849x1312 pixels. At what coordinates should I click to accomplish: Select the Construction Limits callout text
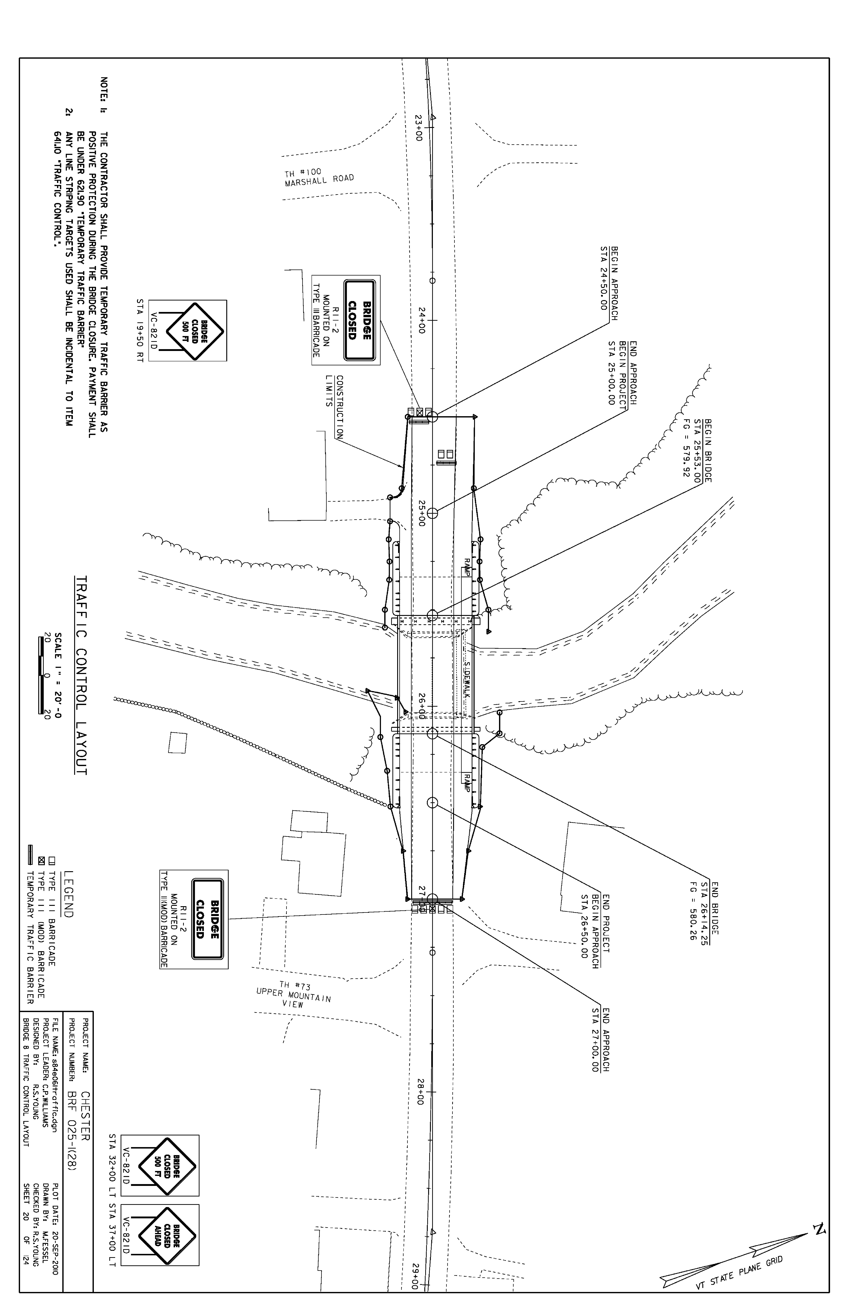[335, 407]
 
